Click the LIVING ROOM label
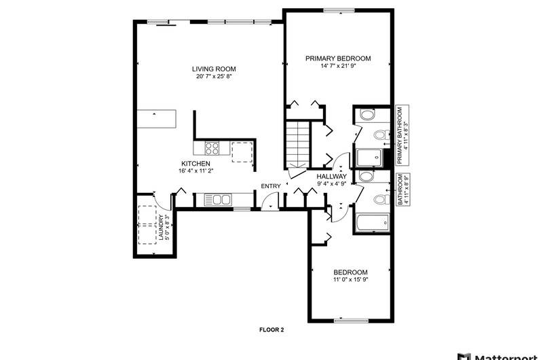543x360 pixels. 214,69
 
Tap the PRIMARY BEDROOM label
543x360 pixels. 338,58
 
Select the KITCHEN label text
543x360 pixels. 195,164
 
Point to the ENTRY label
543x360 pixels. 271,186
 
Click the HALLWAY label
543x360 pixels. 331,177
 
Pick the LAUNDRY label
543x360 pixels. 161,228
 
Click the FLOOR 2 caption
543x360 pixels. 271,330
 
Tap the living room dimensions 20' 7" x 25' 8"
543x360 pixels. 214,76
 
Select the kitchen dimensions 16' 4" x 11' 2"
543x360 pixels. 195,170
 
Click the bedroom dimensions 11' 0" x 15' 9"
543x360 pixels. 350,280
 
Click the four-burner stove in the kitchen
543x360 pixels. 212,148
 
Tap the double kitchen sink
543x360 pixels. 218,200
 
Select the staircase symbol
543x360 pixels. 297,145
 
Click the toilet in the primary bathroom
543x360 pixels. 381,134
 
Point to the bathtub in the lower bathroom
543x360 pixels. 372,222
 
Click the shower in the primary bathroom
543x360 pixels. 370,158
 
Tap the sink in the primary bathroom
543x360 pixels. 367,114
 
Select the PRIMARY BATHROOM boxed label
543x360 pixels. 402,135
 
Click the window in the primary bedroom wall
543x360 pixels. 341,10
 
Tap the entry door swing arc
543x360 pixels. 265,198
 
